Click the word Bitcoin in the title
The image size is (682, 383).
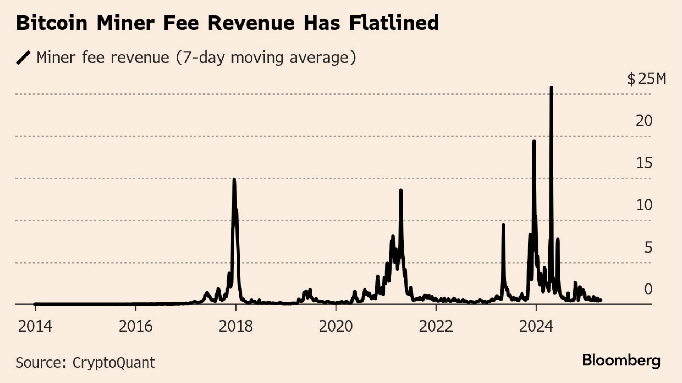(x=52, y=23)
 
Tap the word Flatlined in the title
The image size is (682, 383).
(x=394, y=23)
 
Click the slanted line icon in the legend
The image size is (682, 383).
(x=23, y=58)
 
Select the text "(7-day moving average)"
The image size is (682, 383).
(x=266, y=58)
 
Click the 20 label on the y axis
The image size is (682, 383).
(x=644, y=121)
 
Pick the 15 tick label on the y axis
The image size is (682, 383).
(x=644, y=163)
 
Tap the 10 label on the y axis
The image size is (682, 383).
(x=644, y=205)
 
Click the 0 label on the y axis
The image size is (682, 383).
(x=648, y=289)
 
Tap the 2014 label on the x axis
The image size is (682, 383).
(x=35, y=327)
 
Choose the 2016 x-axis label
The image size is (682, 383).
(x=136, y=327)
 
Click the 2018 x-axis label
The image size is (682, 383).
(x=236, y=327)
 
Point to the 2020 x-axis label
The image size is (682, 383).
(x=336, y=327)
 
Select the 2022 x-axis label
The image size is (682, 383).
(x=436, y=327)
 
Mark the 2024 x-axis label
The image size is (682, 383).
(x=536, y=327)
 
